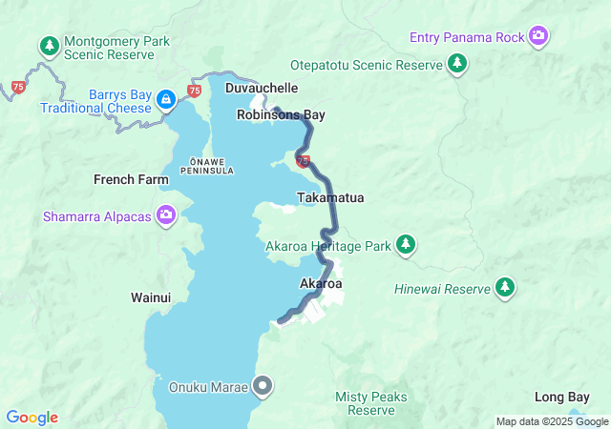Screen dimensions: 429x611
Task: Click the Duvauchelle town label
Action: [x=262, y=88]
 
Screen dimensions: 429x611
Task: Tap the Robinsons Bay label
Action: [x=282, y=115]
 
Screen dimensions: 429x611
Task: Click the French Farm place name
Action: [x=131, y=179]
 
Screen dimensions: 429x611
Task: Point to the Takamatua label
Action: [x=330, y=197]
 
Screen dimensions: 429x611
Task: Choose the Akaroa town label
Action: [x=321, y=284]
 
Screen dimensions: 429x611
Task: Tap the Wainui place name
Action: [x=151, y=297]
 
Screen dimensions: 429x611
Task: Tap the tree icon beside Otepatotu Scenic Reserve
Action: [x=458, y=64]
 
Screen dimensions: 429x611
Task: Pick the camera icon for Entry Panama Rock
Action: [x=539, y=37]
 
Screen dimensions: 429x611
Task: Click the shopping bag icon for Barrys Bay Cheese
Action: [x=166, y=99]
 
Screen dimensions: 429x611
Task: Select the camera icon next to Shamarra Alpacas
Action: [x=167, y=215]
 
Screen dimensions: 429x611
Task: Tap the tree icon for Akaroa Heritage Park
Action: [x=406, y=245]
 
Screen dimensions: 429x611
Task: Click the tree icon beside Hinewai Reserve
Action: [x=504, y=287]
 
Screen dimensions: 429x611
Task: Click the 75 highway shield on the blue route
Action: [x=303, y=162]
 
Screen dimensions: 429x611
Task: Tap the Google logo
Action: [x=32, y=418]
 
